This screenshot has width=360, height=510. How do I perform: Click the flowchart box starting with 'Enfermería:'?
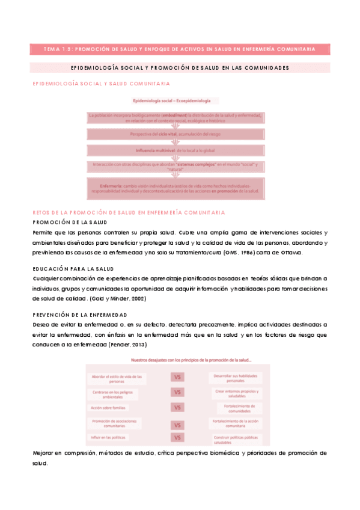(175, 186)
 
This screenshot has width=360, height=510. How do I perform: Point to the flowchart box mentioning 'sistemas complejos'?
(175, 166)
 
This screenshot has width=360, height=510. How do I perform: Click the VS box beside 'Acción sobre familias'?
(177, 407)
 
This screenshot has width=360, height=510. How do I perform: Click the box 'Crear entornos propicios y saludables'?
(236, 393)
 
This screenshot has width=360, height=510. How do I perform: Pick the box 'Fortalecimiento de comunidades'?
(236, 408)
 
